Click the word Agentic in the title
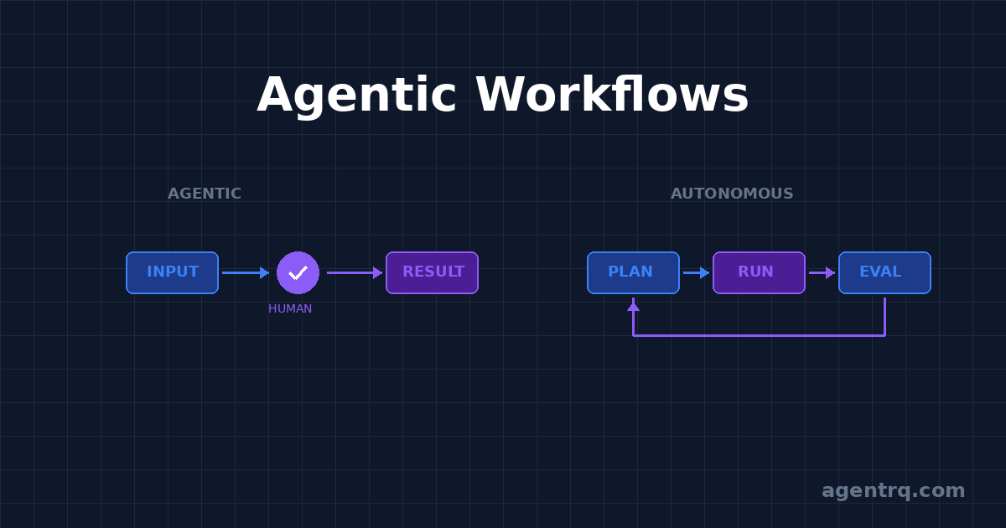tap(356, 95)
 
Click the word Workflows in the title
tap(612, 95)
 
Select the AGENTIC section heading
tap(205, 194)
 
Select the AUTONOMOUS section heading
tap(732, 194)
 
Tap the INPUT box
tap(173, 272)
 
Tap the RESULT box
tap(433, 272)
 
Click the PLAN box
tap(633, 272)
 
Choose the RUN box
tap(759, 272)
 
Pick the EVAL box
tap(884, 272)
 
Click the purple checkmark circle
tap(298, 272)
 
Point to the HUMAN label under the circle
tap(290, 308)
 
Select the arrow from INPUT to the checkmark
tap(244, 272)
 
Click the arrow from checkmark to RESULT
tap(352, 272)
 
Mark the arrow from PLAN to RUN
tap(695, 272)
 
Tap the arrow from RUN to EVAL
tap(821, 272)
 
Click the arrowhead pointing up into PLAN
tap(633, 306)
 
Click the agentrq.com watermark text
tap(893, 490)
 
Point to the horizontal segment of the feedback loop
tap(759, 335)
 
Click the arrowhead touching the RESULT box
tap(378, 272)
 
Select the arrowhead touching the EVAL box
tap(831, 272)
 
